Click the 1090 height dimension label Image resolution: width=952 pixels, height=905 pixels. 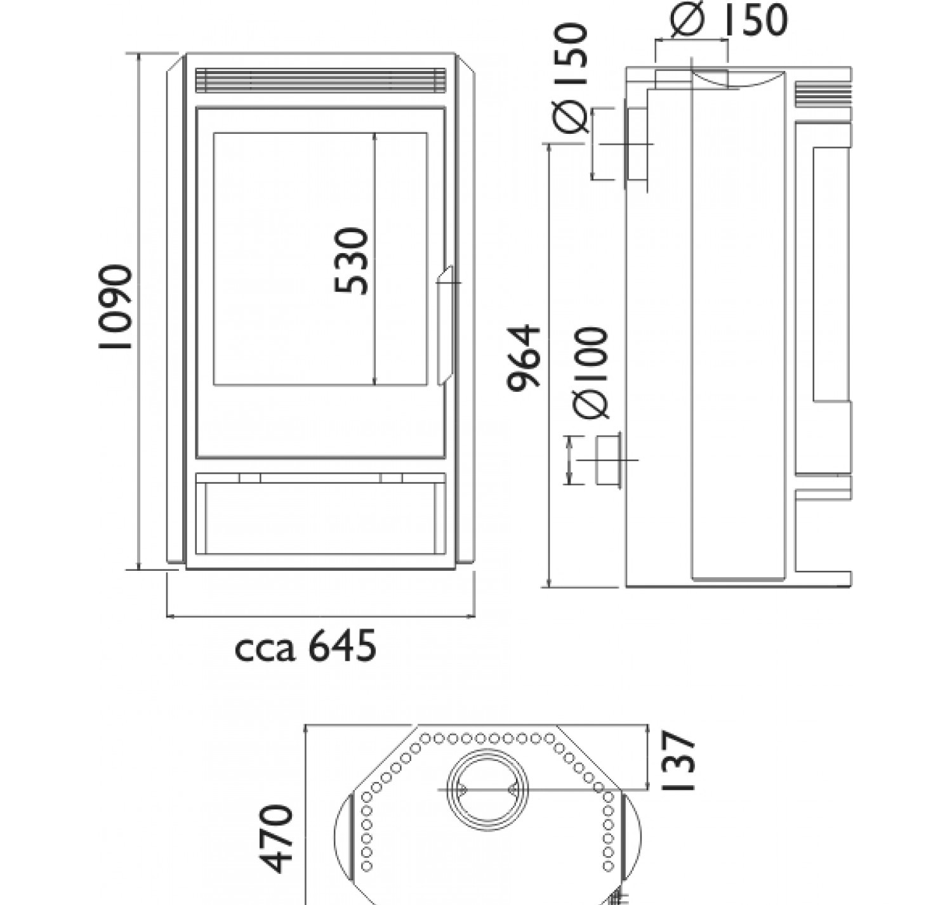pos(116,306)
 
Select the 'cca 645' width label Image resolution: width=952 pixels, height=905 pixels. pos(305,646)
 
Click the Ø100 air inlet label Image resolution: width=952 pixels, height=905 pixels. pos(590,373)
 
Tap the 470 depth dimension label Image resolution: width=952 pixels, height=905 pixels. pos(275,838)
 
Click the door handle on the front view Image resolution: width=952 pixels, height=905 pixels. pos(446,325)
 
